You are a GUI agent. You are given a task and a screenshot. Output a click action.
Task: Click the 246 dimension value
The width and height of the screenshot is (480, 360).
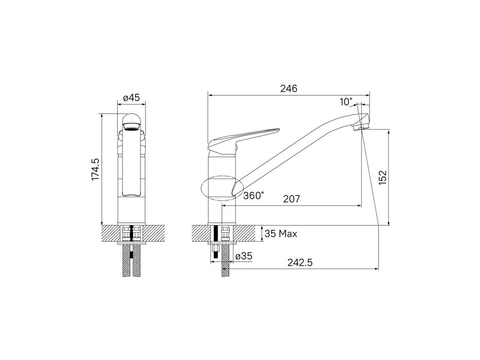(289, 88)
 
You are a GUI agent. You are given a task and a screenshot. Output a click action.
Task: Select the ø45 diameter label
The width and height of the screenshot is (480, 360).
(131, 98)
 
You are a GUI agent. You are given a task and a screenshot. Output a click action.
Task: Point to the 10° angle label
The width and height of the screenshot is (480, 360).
(346, 102)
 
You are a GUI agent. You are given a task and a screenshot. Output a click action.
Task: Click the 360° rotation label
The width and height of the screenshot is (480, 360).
(253, 195)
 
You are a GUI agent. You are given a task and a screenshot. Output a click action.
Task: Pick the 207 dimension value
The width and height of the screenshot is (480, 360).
(291, 199)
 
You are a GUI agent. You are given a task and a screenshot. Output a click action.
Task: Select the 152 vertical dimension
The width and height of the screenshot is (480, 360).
(383, 177)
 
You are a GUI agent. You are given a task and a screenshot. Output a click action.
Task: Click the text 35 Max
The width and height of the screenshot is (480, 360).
(281, 234)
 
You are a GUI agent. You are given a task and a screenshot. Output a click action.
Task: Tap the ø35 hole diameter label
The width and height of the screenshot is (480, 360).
(244, 256)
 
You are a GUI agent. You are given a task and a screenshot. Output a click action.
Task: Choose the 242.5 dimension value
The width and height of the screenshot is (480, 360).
(300, 263)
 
